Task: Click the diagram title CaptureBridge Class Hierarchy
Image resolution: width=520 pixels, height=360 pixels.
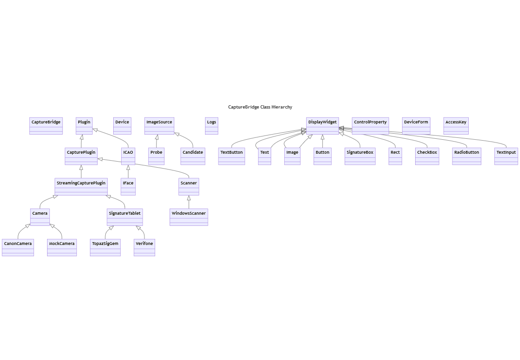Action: pyautogui.click(x=260, y=107)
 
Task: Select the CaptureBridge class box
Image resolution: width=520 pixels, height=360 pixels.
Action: pyautogui.click(x=46, y=125)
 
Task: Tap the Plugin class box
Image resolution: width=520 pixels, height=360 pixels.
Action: pyautogui.click(x=84, y=125)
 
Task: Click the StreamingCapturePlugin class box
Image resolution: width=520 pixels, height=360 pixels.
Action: pyautogui.click(x=81, y=186)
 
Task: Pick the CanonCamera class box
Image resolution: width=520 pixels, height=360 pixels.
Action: pyautogui.click(x=18, y=247)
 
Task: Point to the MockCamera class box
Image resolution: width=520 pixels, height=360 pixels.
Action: pyautogui.click(x=62, y=247)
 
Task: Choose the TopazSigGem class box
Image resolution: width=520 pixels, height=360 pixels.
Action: pyautogui.click(x=105, y=247)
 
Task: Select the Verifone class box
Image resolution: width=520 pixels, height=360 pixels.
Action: pyautogui.click(x=144, y=247)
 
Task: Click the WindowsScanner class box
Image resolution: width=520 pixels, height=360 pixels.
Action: pyautogui.click(x=189, y=217)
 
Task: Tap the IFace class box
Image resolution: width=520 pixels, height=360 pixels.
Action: pyautogui.click(x=128, y=186)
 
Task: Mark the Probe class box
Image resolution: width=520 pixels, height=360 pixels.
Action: pyautogui.click(x=157, y=156)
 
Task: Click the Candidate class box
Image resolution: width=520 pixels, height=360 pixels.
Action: pyautogui.click(x=193, y=156)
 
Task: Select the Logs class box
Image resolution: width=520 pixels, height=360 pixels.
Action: pyautogui.click(x=212, y=125)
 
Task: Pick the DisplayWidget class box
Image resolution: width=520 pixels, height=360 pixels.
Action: pyautogui.click(x=322, y=125)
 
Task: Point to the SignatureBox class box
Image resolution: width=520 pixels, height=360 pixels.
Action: pyautogui.click(x=360, y=156)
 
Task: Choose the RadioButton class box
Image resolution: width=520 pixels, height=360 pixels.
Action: pyautogui.click(x=466, y=156)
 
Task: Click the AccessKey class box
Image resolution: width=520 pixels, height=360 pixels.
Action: pyautogui.click(x=456, y=125)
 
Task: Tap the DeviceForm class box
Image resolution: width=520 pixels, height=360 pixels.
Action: pyautogui.click(x=416, y=125)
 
